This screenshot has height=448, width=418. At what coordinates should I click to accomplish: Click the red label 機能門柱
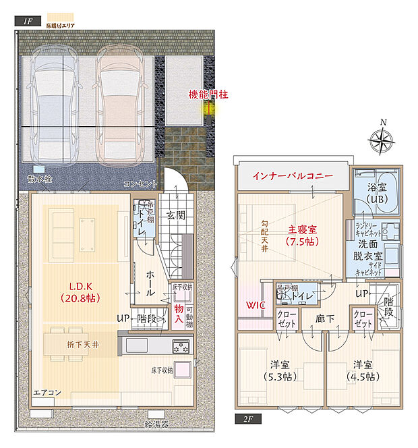[x=208, y=95]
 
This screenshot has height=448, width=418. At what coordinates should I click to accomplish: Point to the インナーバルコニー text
[x=293, y=175]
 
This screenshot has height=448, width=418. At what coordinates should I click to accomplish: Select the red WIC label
[x=256, y=305]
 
